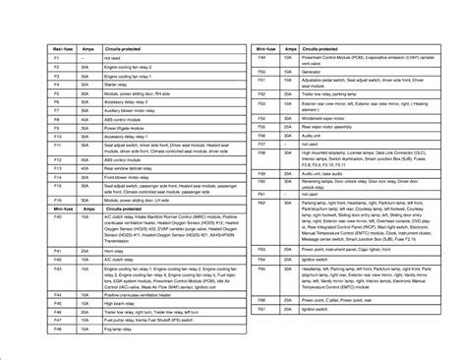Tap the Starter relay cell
coord(121,83)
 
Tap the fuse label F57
coord(262,143)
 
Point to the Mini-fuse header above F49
coord(262,47)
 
